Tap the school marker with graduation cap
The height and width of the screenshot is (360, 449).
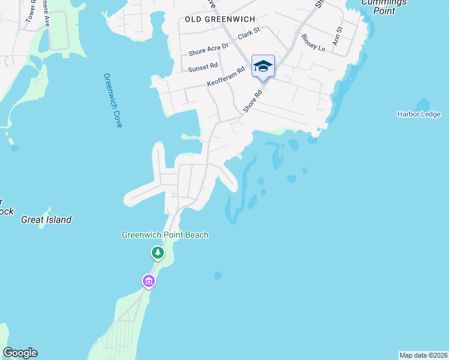[x=263, y=66]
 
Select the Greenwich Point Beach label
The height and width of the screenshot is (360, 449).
[x=165, y=235]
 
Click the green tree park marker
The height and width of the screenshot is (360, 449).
[x=157, y=253]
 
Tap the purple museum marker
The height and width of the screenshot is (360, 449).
[x=148, y=280]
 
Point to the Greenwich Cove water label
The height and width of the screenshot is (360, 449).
[x=112, y=100]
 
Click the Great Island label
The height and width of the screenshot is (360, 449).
[x=46, y=220]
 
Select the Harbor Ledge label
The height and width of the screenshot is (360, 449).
[x=418, y=114]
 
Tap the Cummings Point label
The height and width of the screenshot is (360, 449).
[x=384, y=7]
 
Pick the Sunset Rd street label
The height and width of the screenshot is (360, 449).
[x=202, y=68]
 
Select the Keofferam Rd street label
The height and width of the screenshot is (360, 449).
[x=226, y=79]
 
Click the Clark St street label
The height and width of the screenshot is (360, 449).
[x=249, y=33]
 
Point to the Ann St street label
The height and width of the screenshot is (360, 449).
[x=338, y=37]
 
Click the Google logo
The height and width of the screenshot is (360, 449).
[x=20, y=353]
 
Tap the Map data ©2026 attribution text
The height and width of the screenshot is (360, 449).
[x=423, y=355]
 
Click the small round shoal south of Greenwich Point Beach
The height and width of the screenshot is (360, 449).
[x=217, y=275]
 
